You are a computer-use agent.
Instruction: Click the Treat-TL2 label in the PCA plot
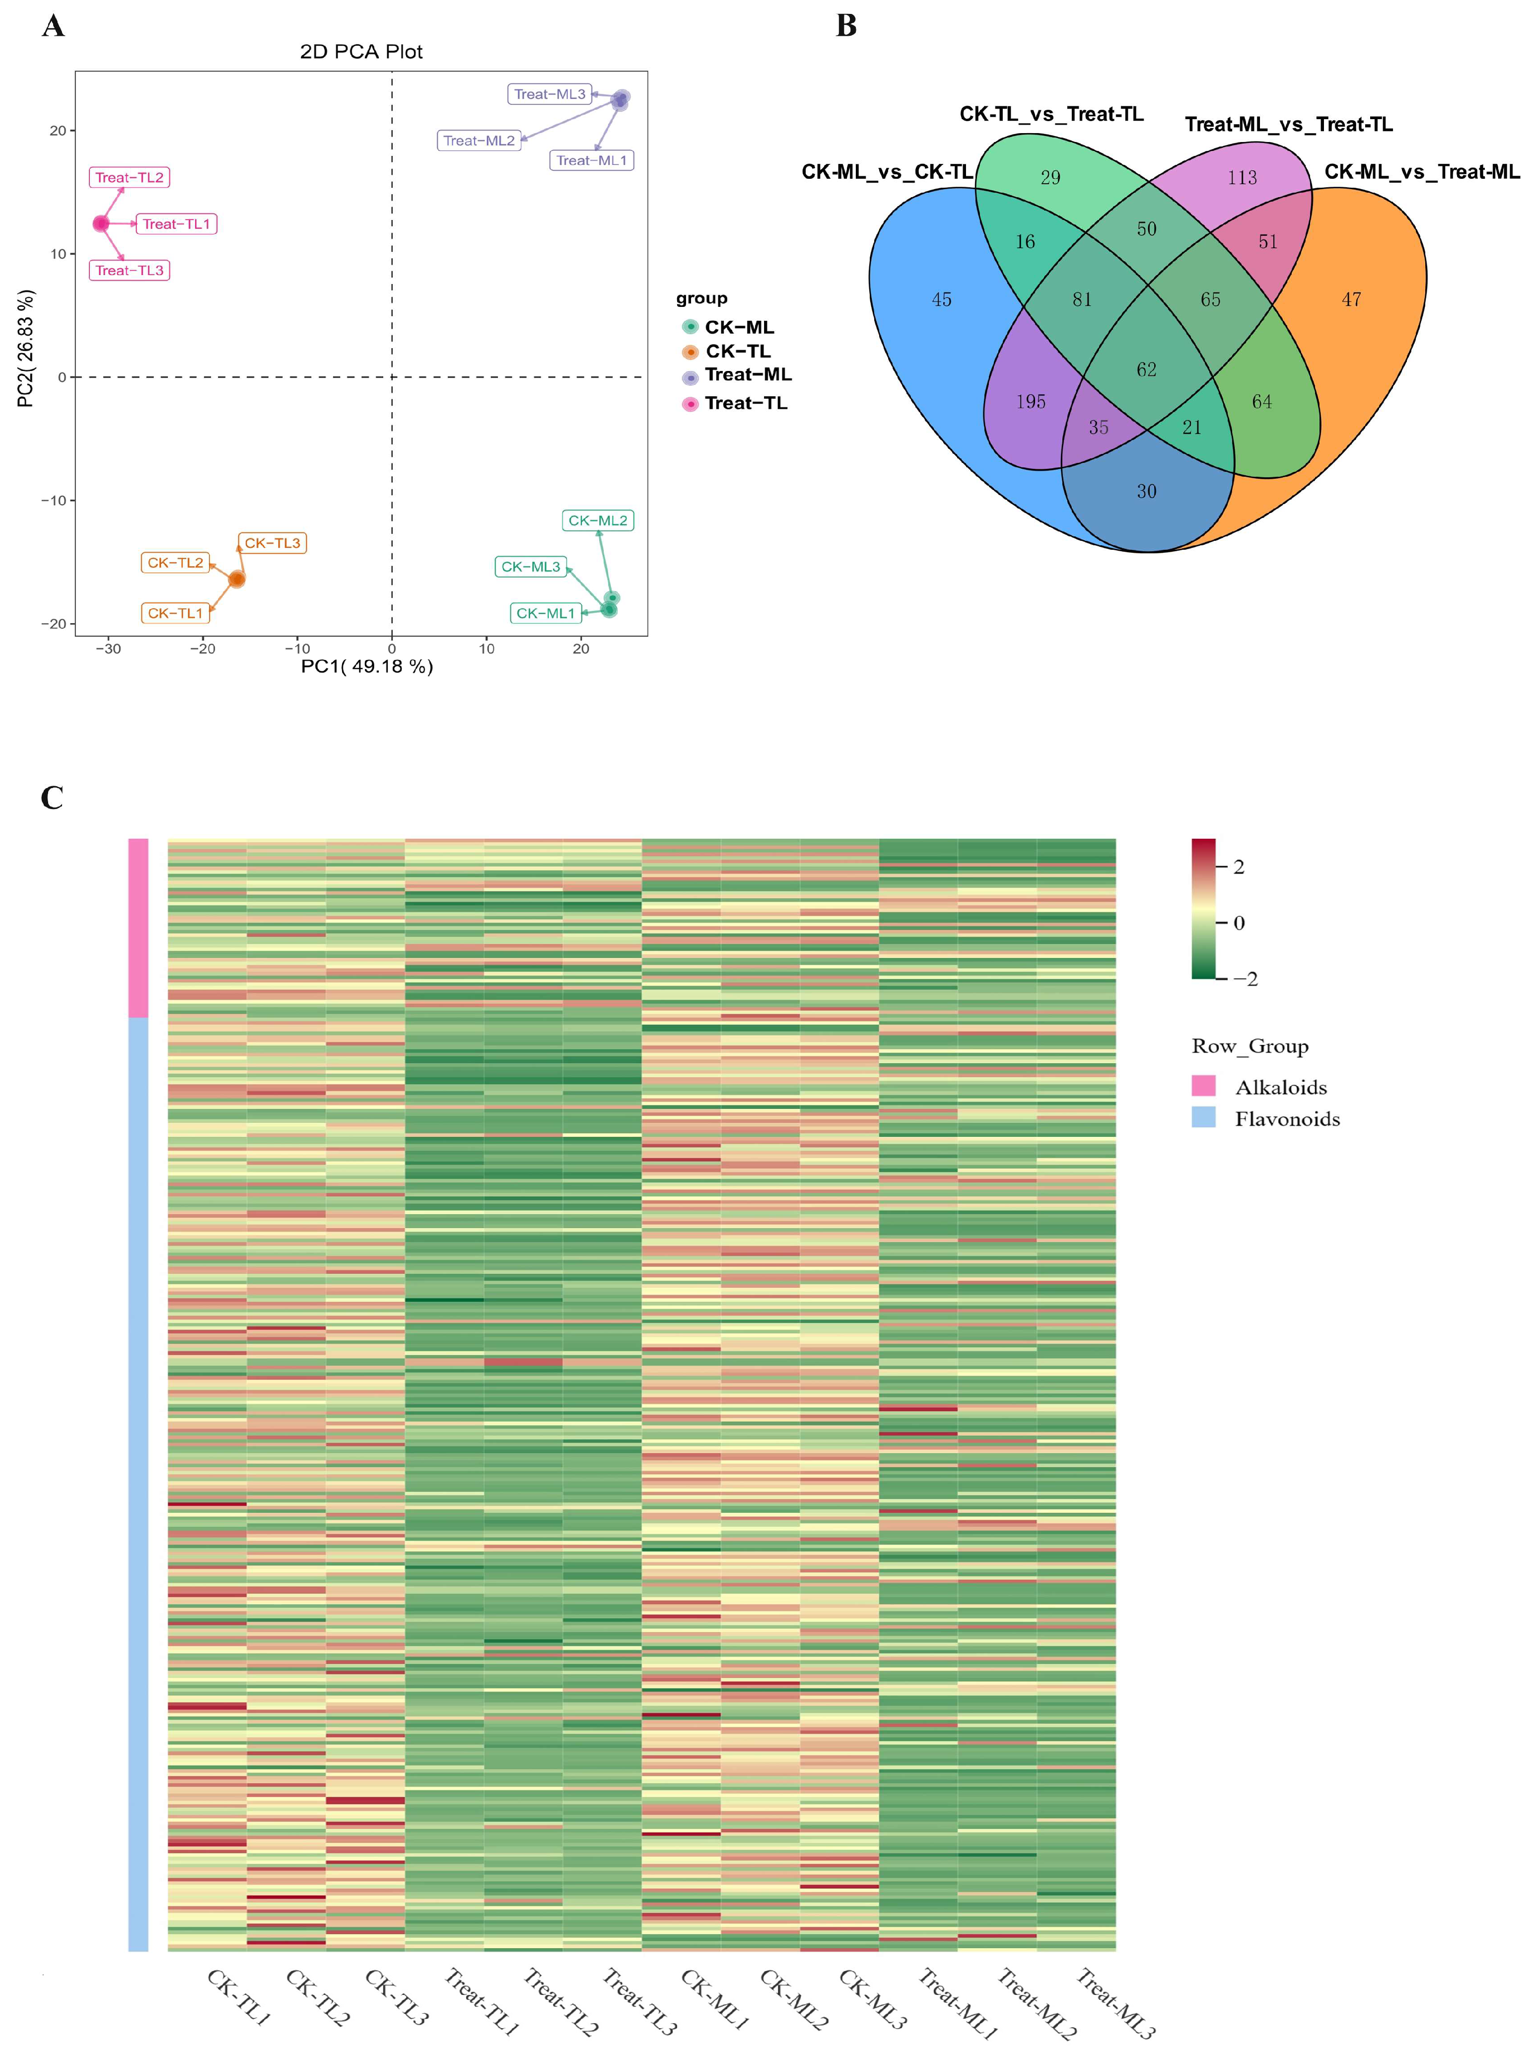click(x=130, y=178)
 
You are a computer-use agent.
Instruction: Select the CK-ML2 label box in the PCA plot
click(x=598, y=521)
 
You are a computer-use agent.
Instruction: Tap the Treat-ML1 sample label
click(x=591, y=161)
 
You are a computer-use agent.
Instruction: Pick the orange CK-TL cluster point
click(x=237, y=579)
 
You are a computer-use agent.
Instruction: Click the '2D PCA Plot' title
click(x=361, y=52)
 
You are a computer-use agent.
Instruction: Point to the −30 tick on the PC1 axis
click(x=108, y=649)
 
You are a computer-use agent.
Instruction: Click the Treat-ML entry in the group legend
click(x=747, y=375)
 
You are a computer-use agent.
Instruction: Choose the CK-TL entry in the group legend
click(x=737, y=352)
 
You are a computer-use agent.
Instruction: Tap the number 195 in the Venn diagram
click(x=1031, y=402)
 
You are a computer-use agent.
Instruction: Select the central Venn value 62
click(x=1146, y=370)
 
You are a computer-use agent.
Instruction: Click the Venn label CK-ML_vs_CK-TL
click(x=886, y=172)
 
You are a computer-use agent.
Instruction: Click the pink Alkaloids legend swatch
click(x=1203, y=1086)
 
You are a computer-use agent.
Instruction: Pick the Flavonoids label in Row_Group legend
click(x=1287, y=1119)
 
